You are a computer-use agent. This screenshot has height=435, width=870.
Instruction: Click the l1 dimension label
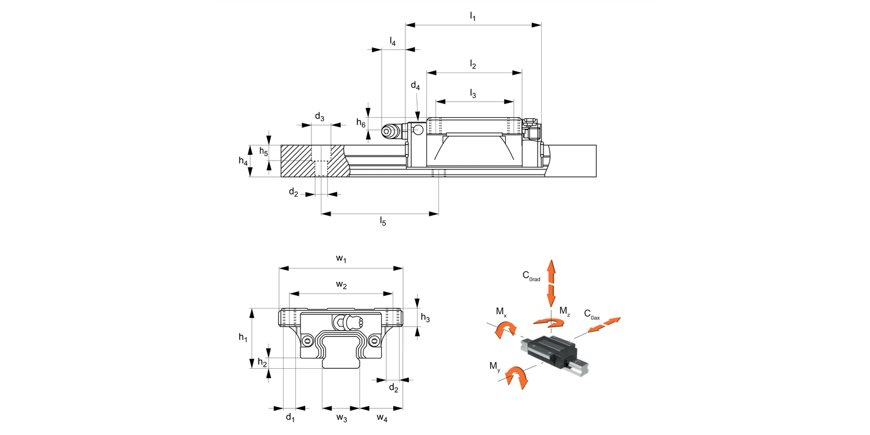[473, 16]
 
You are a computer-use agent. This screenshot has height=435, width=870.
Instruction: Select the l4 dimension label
[393, 42]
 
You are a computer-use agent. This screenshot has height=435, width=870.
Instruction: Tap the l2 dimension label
[473, 65]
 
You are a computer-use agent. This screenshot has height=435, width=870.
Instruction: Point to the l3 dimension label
[473, 93]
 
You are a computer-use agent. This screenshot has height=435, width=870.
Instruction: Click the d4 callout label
[415, 86]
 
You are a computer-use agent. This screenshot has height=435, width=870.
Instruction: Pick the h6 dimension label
[361, 122]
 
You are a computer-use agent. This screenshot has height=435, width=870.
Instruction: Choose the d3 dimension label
[320, 117]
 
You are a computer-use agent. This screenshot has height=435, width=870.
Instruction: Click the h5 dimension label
[263, 152]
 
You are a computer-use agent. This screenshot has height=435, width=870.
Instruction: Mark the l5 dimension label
[383, 221]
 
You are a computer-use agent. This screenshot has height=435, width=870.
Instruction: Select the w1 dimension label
[341, 259]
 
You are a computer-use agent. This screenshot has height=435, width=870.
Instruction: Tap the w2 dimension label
[341, 285]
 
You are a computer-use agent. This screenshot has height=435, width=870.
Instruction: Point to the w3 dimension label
[342, 418]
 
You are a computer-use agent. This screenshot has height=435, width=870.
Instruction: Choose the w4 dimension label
[381, 418]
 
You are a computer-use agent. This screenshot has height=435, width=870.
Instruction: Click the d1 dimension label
[290, 418]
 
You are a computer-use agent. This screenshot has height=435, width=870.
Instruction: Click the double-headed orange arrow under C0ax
[603, 325]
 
